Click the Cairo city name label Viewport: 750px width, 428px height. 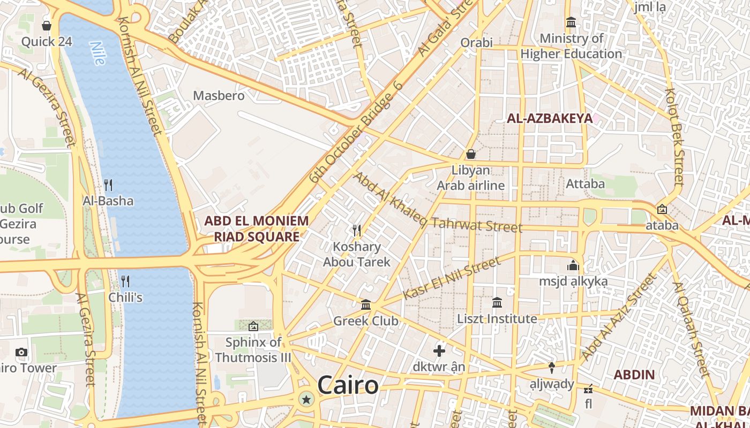(x=348, y=385)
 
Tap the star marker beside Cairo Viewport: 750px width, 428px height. (x=306, y=399)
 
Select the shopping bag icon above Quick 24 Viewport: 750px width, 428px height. (x=47, y=26)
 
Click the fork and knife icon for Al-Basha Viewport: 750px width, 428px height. (x=108, y=185)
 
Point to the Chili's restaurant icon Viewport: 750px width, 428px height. (x=125, y=281)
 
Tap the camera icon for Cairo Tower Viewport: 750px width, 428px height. (x=21, y=352)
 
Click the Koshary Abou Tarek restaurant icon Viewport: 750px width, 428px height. (x=357, y=231)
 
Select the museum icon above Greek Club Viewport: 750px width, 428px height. (x=366, y=304)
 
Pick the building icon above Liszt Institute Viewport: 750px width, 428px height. (x=497, y=302)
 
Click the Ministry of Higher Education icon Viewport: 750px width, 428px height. (x=571, y=22)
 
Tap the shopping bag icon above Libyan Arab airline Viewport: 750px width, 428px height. (x=471, y=154)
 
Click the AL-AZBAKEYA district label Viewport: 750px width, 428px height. (x=550, y=119)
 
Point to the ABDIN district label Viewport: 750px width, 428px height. (x=634, y=374)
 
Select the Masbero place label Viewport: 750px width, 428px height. (x=219, y=96)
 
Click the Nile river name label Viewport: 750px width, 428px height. (x=98, y=53)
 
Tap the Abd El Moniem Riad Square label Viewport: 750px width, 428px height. (x=257, y=229)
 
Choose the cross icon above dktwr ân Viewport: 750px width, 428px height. (x=439, y=351)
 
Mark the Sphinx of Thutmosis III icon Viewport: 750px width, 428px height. (x=253, y=326)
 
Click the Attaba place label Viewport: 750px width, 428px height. (x=586, y=184)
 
